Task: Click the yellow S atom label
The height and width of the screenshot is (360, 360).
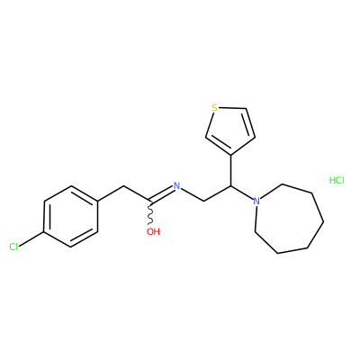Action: (x=214, y=108)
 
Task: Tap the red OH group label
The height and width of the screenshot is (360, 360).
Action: (x=153, y=231)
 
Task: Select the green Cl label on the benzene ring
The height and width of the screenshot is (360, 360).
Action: (x=13, y=247)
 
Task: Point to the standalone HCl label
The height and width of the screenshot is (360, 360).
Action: (x=337, y=180)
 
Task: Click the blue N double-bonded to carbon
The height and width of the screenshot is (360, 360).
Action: (x=176, y=186)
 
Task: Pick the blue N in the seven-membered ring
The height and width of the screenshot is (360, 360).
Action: (x=256, y=201)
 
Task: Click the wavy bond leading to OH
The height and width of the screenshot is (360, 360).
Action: (x=150, y=212)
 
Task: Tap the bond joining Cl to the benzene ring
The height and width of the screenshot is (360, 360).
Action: (x=31, y=239)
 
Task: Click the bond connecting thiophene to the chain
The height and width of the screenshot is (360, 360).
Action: (x=231, y=170)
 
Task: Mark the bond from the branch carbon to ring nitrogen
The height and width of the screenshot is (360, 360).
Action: (x=242, y=193)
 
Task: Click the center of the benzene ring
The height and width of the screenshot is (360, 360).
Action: (x=71, y=217)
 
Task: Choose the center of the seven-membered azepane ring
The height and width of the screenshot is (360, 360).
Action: (x=287, y=219)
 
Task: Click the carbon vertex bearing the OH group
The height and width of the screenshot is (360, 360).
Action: (x=150, y=201)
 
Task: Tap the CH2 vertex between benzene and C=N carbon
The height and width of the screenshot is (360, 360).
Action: (x=123, y=186)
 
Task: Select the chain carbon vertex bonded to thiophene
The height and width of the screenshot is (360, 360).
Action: (x=231, y=186)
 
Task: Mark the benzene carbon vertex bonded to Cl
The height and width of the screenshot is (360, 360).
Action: (x=44, y=232)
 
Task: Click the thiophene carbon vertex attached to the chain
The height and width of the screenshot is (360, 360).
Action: (x=231, y=155)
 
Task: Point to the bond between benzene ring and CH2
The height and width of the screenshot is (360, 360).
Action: (x=111, y=193)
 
